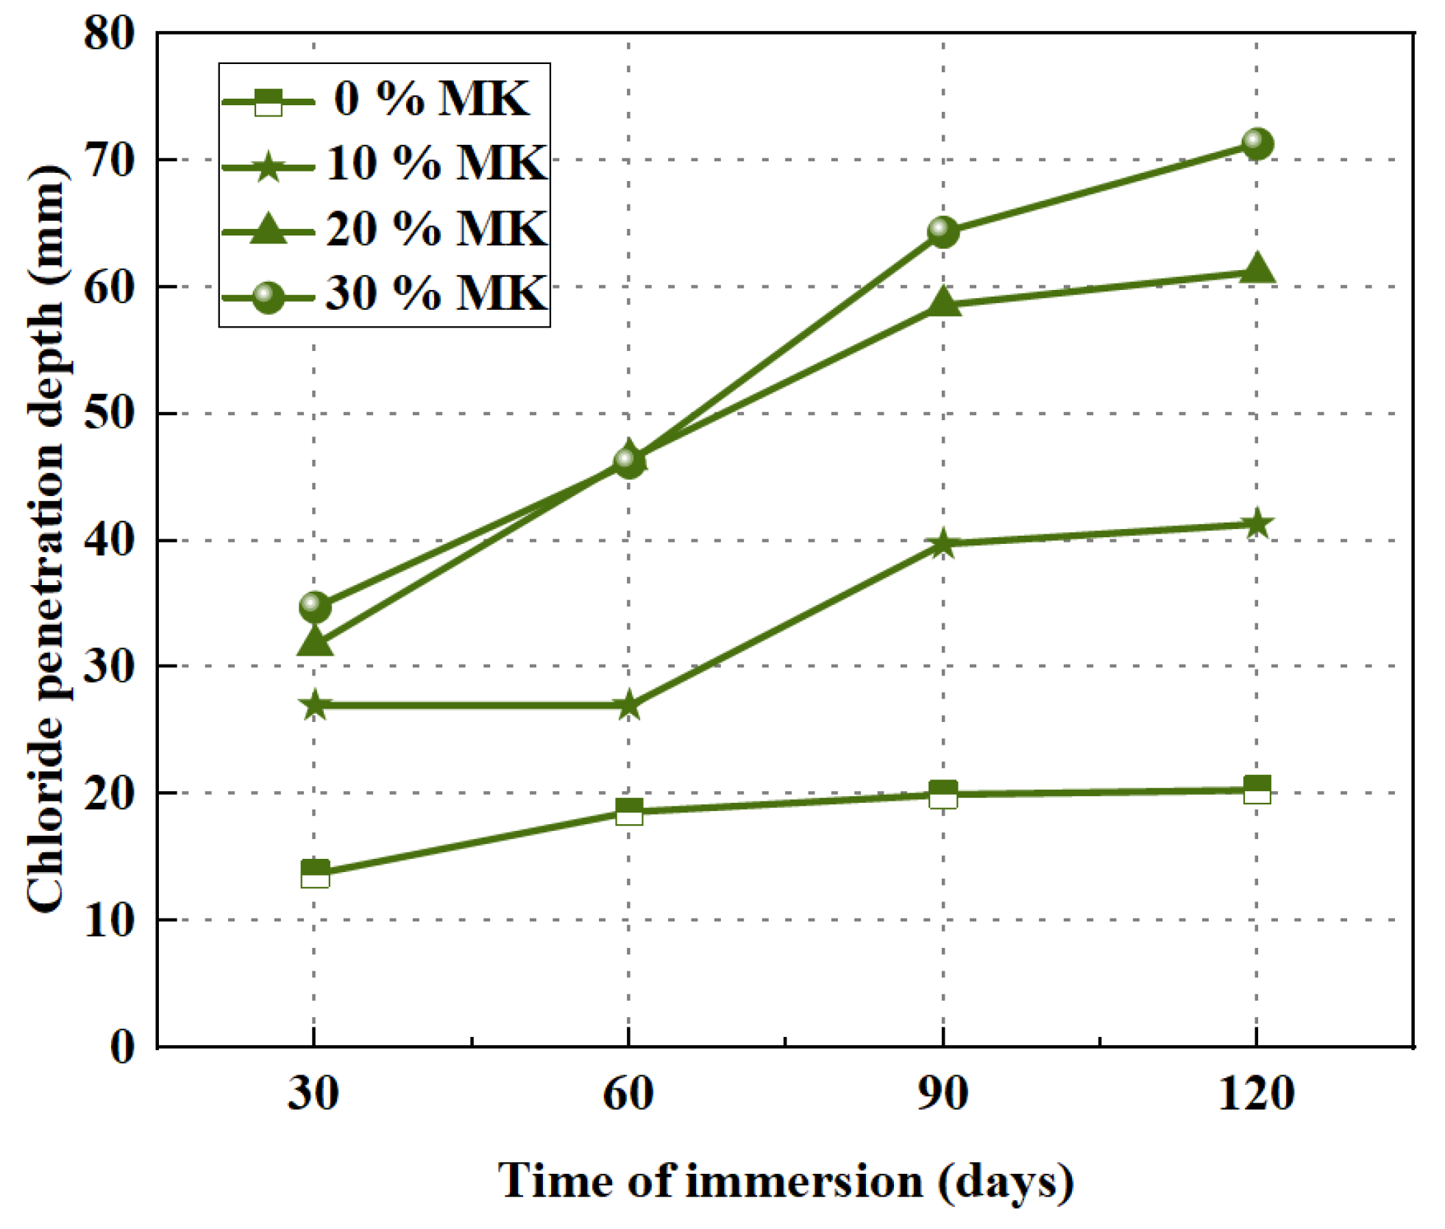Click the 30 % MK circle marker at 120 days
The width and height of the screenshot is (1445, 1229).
point(1257,144)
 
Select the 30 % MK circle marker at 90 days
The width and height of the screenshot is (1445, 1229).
point(943,232)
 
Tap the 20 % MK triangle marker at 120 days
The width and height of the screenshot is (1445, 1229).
point(1257,269)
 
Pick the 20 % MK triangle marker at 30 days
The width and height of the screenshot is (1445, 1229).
point(315,642)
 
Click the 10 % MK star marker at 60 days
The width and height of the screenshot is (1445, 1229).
point(628,706)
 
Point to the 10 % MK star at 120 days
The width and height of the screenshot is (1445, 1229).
point(1257,524)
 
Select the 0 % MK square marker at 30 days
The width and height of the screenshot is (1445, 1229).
point(315,874)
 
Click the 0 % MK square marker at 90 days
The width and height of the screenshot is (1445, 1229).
point(943,795)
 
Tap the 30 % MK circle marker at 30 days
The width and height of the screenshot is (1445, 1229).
point(315,607)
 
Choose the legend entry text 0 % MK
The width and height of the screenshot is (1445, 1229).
point(431,98)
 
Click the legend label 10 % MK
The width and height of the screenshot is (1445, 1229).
point(436,163)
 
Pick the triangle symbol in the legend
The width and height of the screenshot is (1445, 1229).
point(269,228)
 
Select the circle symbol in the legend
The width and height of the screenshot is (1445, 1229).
point(269,297)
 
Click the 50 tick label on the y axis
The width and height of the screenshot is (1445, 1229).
point(110,413)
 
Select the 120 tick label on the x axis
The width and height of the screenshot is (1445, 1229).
point(1257,1093)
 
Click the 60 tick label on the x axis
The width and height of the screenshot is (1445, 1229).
point(628,1093)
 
